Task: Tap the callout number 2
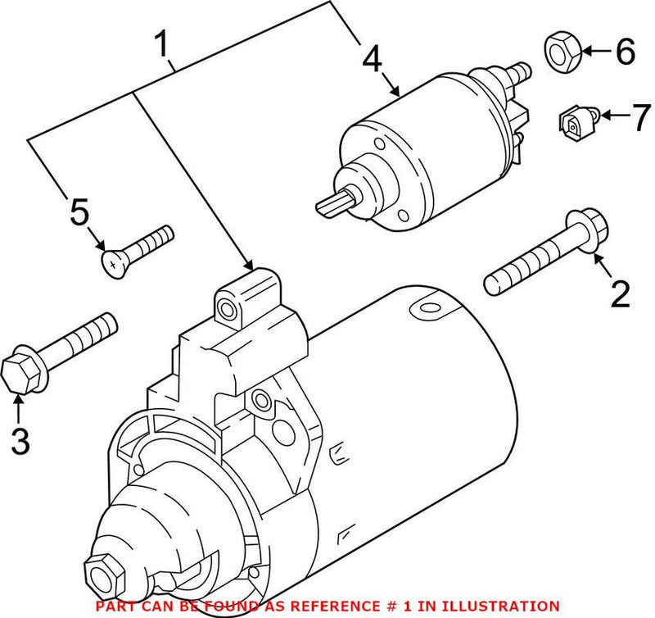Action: click(x=620, y=293)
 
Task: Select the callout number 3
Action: click(x=20, y=440)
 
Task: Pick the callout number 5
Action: click(x=79, y=213)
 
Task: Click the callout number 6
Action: click(x=624, y=52)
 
